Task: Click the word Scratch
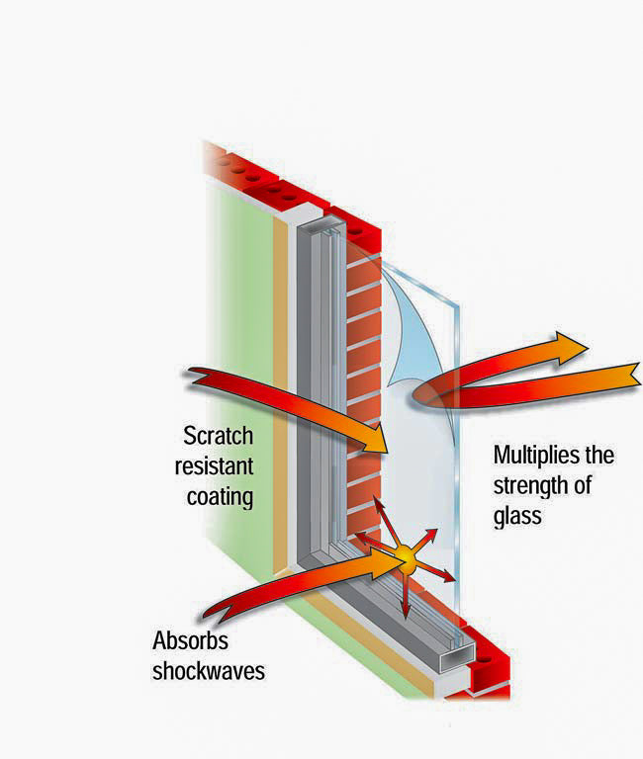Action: pyautogui.click(x=218, y=436)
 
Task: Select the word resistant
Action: pyautogui.click(x=215, y=466)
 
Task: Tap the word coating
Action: pyautogui.click(x=220, y=498)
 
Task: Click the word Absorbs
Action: pyautogui.click(x=191, y=640)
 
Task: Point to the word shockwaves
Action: pyautogui.click(x=209, y=671)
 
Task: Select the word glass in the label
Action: pyautogui.click(x=517, y=517)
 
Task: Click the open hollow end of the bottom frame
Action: pyautogui.click(x=456, y=656)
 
